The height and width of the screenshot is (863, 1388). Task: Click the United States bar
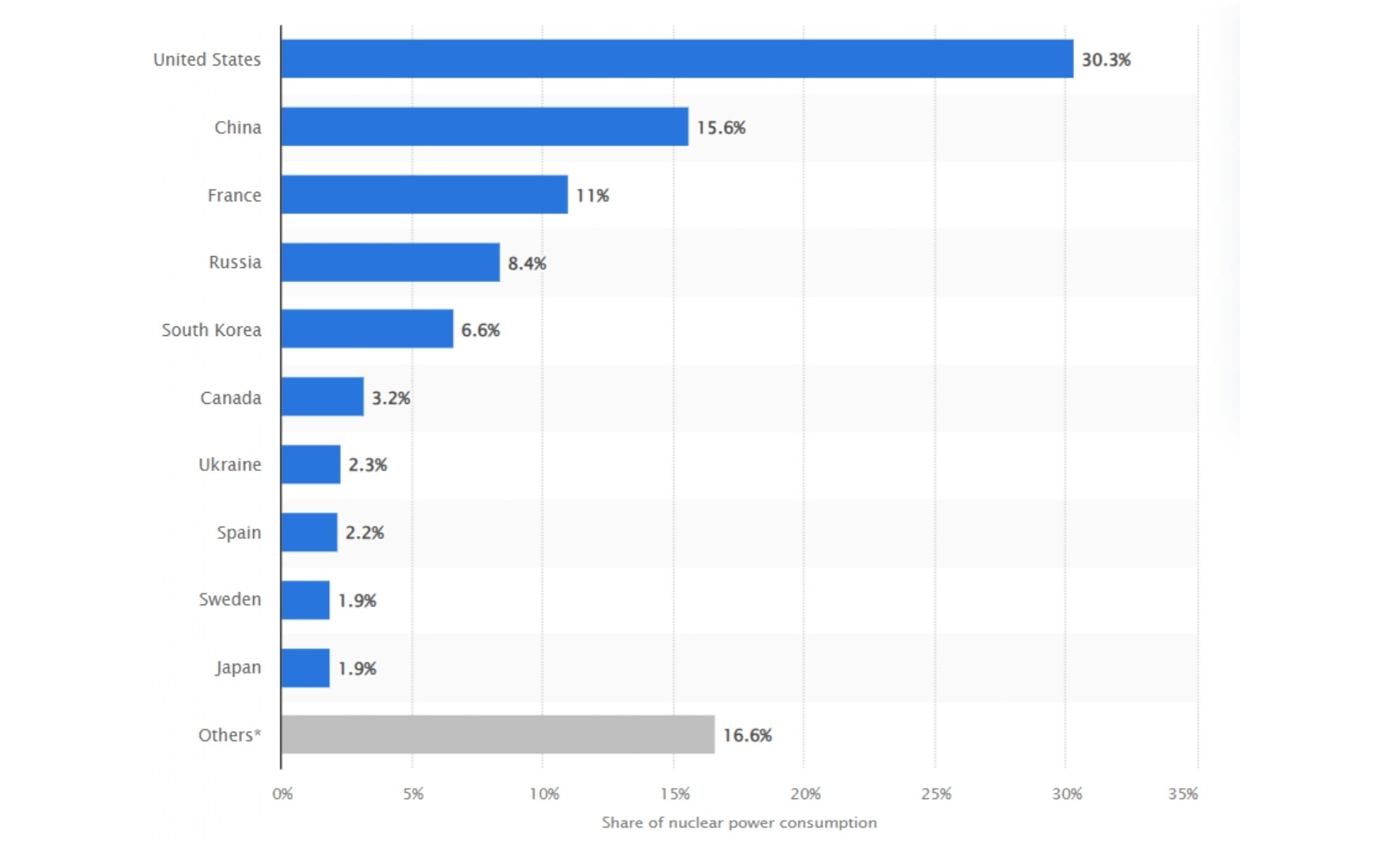(x=677, y=58)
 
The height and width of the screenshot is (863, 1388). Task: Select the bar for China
(x=484, y=126)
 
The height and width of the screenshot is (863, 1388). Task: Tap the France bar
(x=424, y=194)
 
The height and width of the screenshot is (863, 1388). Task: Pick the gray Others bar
(x=497, y=734)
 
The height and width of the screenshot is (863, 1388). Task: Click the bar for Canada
(x=322, y=397)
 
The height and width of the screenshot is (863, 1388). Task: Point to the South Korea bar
(x=367, y=329)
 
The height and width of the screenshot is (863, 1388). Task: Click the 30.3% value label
(x=1106, y=60)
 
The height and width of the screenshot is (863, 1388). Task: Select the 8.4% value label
(x=527, y=263)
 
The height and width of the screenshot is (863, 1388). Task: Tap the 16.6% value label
(x=747, y=736)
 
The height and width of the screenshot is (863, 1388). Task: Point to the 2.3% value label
(x=368, y=465)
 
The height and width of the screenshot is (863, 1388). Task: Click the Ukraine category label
(x=229, y=465)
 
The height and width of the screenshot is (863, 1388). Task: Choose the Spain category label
(x=239, y=533)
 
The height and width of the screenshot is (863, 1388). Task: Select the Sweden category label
(x=229, y=599)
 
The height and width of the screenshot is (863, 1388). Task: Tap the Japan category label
(x=238, y=668)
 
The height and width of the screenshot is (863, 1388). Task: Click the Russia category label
(x=235, y=262)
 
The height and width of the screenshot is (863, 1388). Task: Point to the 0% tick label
(x=282, y=794)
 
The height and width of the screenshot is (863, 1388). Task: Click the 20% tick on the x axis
(x=805, y=794)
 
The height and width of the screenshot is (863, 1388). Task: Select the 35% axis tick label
(x=1182, y=794)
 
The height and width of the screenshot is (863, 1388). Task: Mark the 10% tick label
(x=544, y=794)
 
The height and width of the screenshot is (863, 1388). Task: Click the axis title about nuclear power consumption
(x=739, y=823)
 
